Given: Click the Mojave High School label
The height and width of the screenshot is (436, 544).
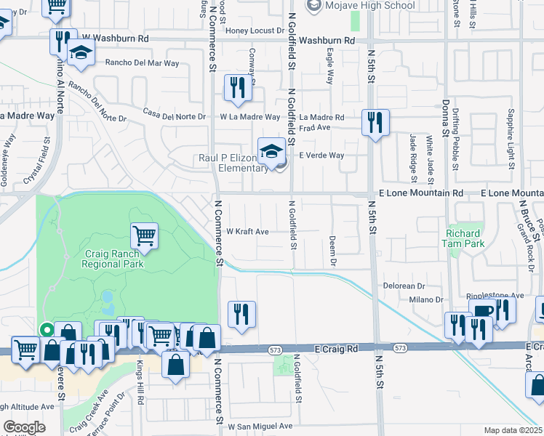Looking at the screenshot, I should tap(370, 6).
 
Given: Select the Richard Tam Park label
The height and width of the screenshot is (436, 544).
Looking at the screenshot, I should tap(463, 238).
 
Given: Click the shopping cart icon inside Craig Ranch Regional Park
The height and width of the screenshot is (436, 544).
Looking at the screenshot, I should tap(145, 235).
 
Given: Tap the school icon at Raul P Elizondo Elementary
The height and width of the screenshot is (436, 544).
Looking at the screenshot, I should tap(272, 151).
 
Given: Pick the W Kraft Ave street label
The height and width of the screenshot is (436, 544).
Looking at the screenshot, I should tap(248, 232).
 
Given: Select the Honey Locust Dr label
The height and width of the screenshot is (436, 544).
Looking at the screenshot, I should tap(255, 31).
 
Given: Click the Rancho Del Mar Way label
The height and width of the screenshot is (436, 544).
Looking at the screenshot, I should tap(142, 63).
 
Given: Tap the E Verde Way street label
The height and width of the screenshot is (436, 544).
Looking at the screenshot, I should tap(321, 156).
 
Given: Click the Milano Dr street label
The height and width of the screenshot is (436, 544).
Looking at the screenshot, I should tap(425, 299).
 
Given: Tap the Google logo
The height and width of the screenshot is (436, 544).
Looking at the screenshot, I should tap(24, 427).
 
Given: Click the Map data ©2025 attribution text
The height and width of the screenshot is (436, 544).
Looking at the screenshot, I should tap(513, 430).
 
